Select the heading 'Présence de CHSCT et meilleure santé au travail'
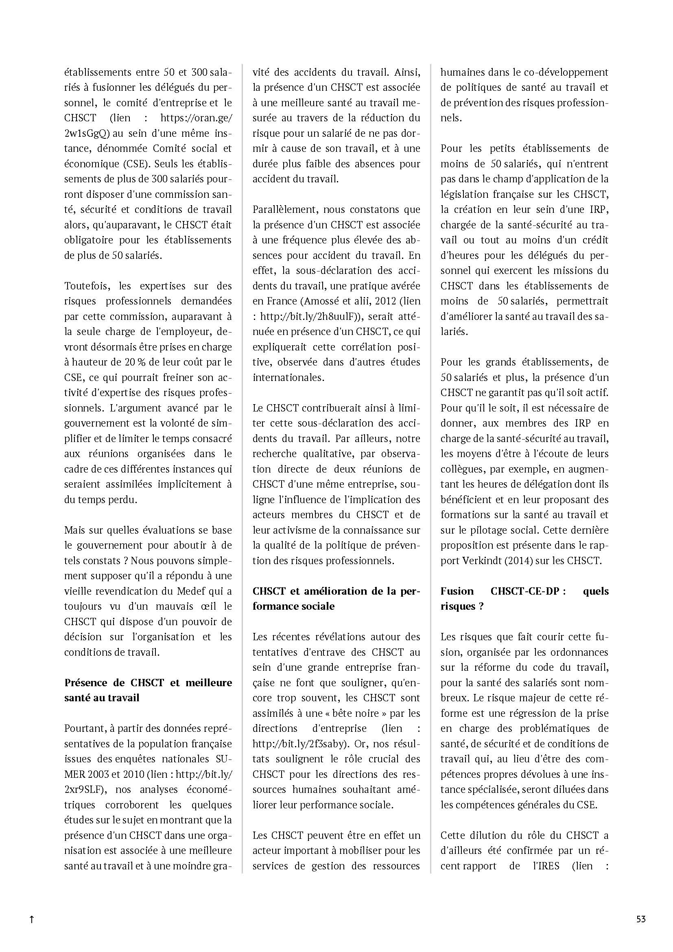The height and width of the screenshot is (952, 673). pyautogui.click(x=148, y=690)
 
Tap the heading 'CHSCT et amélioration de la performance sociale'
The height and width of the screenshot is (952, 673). pyautogui.click(x=336, y=598)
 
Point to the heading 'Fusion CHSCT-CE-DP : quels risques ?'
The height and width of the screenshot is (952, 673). pyautogui.click(x=524, y=598)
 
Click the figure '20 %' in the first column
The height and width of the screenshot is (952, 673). pyautogui.click(x=135, y=362)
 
